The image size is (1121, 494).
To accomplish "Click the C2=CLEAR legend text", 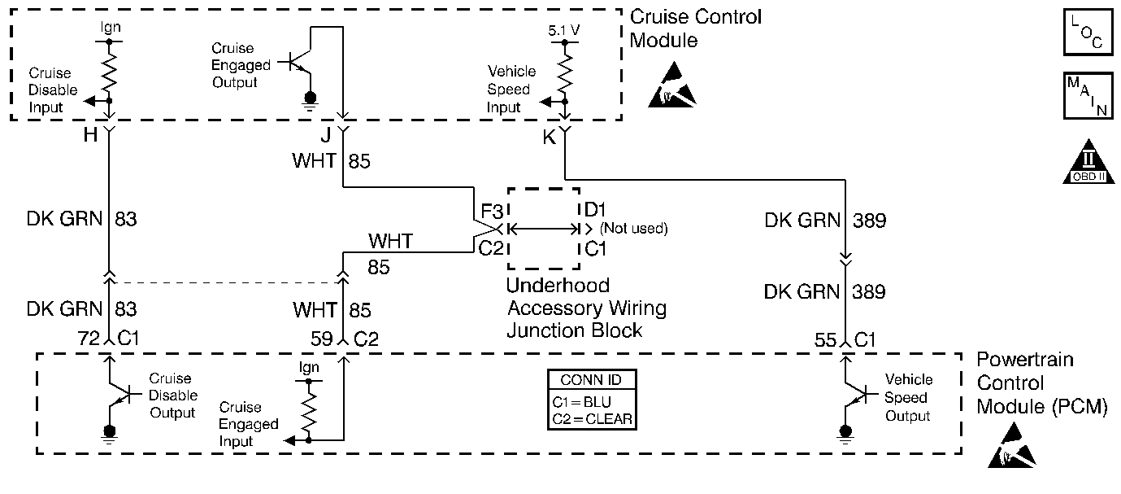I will (x=590, y=420).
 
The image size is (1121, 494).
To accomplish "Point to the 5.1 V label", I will (x=564, y=30).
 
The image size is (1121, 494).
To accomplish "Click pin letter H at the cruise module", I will (x=89, y=136).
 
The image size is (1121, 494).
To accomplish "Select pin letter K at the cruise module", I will (x=549, y=138).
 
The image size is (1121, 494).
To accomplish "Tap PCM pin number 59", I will (x=323, y=338).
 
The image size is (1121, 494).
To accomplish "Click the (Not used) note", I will (x=633, y=229).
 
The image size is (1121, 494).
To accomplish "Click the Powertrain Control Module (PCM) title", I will (x=1041, y=383).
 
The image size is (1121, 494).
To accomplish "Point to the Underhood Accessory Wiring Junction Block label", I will (x=586, y=308).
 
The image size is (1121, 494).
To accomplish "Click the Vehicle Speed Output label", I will (x=907, y=397).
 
